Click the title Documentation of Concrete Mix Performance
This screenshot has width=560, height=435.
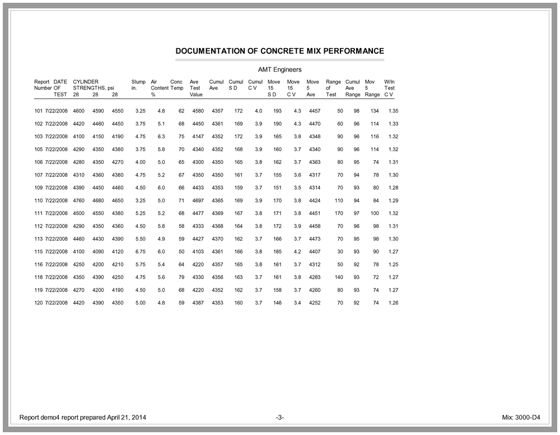(x=279, y=51)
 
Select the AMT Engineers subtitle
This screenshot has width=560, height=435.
(x=279, y=69)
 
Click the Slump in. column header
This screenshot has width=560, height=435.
(x=138, y=85)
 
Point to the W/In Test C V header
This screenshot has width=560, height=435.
(x=389, y=88)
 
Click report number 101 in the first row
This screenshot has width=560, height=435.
(x=39, y=111)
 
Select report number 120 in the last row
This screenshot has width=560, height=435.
(x=39, y=303)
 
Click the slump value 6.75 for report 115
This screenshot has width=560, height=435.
(x=140, y=252)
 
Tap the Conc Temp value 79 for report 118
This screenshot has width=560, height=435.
(x=181, y=277)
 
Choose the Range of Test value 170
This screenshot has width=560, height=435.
(x=338, y=213)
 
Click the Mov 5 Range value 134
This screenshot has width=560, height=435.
(x=375, y=111)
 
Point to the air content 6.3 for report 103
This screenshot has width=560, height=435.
(x=161, y=137)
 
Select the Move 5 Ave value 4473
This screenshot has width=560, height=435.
(x=315, y=239)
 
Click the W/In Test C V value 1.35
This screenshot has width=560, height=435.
(x=393, y=111)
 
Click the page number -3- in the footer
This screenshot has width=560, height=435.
(x=280, y=418)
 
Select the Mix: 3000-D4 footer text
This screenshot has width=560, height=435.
(x=521, y=418)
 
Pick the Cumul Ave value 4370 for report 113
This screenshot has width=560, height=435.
(x=217, y=239)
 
